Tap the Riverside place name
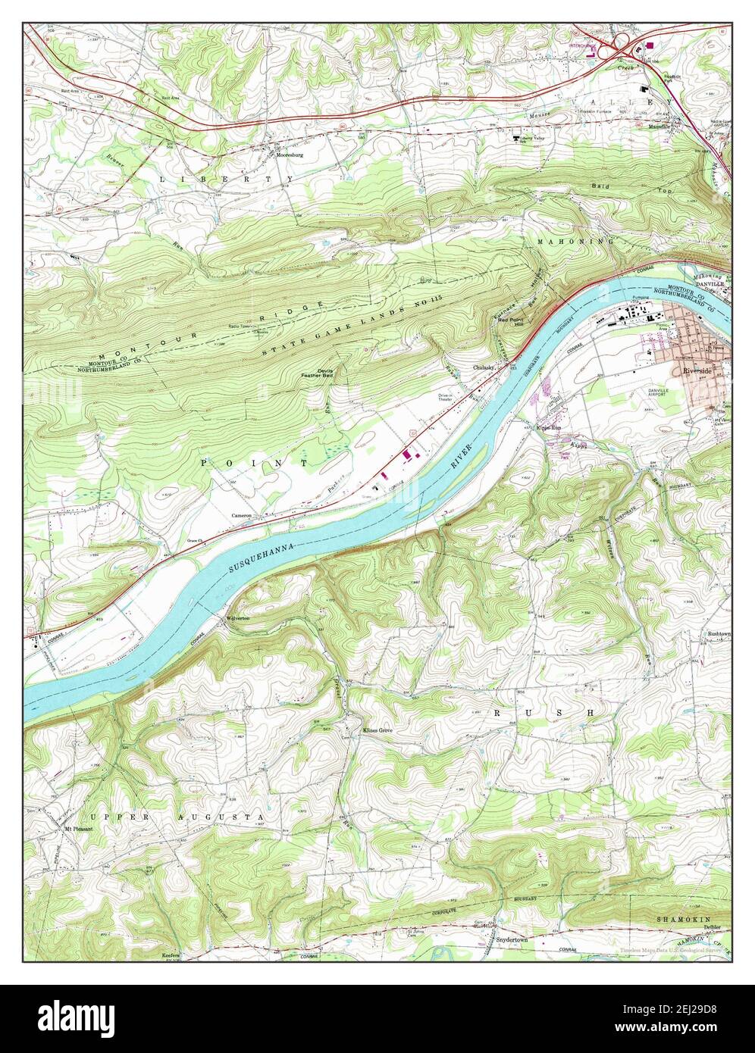coord(697,371)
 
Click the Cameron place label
coord(242,515)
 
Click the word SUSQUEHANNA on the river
coord(260,567)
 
